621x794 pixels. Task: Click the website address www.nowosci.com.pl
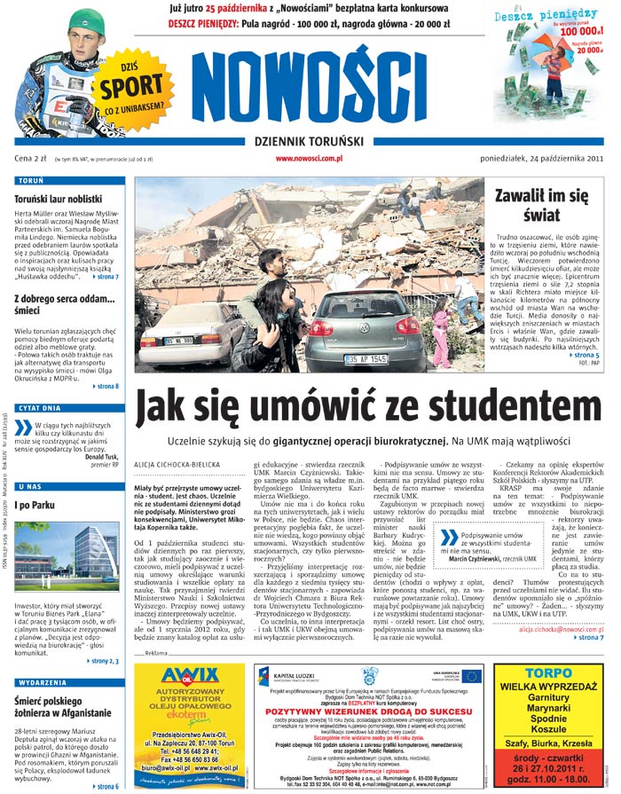point(309,159)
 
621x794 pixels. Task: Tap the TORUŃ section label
point(31,181)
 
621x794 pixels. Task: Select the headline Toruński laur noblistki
point(59,200)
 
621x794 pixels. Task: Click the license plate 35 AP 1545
point(366,359)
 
